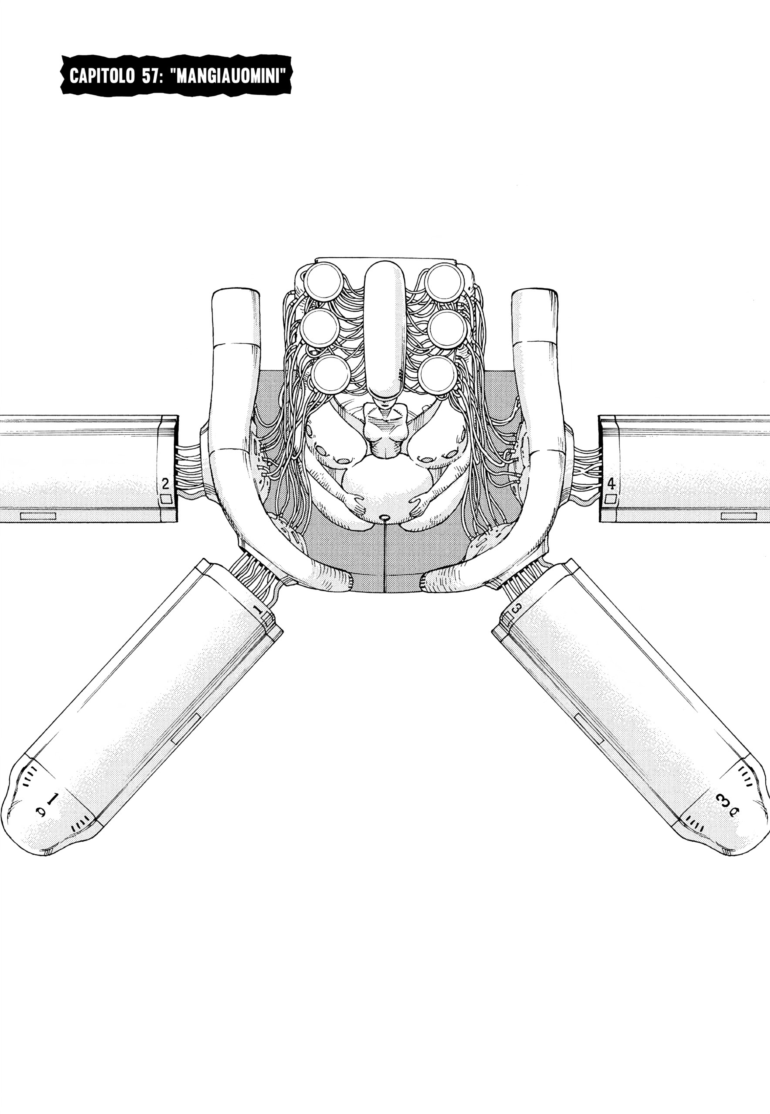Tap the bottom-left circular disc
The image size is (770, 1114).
click(331, 374)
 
